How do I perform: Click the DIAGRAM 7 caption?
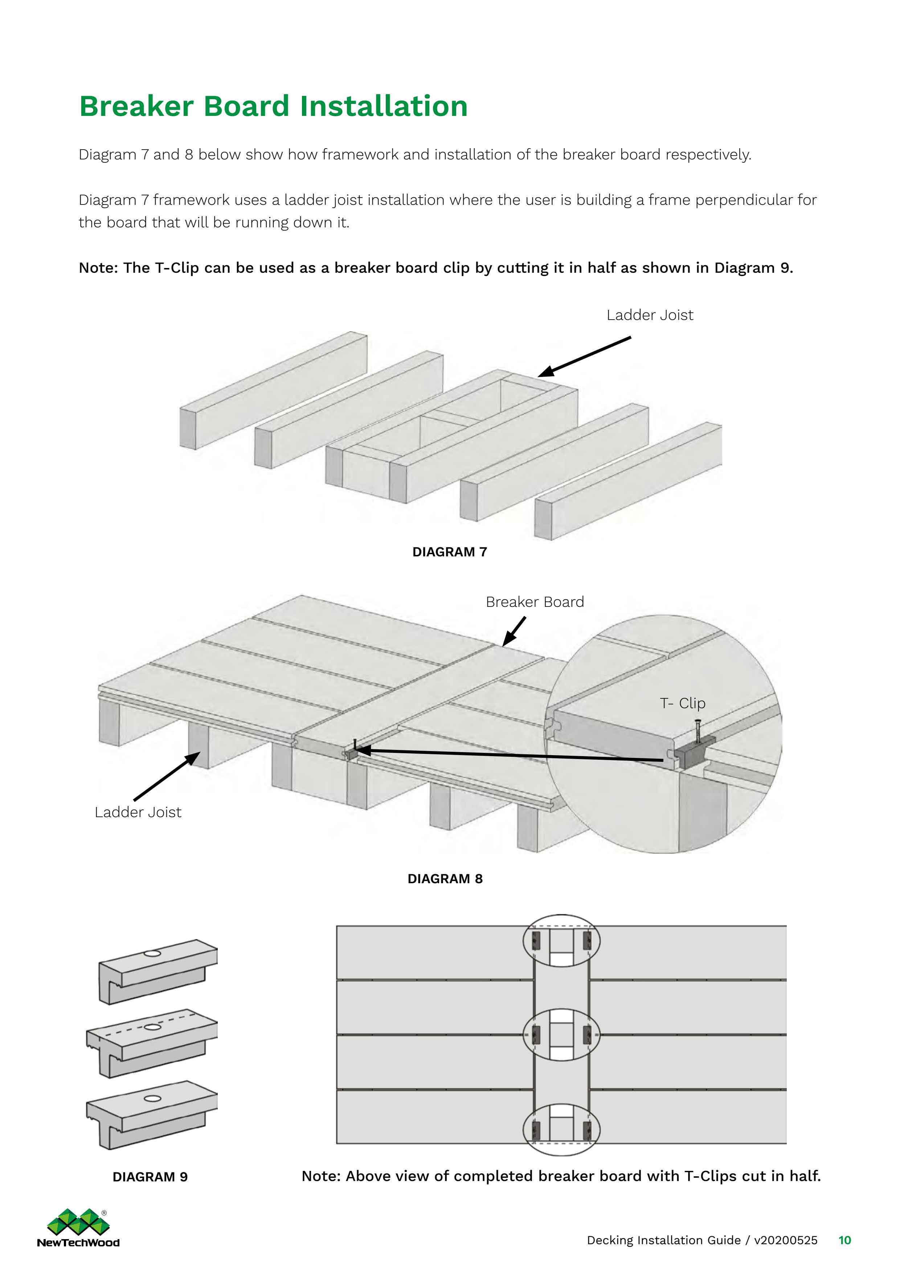[449, 552]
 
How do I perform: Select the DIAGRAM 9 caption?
[150, 1177]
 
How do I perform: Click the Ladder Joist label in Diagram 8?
[138, 812]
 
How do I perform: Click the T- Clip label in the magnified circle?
[683, 703]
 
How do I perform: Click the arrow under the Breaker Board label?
[514, 632]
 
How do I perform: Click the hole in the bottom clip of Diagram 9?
[152, 1098]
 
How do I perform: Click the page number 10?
[844, 1240]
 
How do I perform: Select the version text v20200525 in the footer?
[785, 1240]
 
